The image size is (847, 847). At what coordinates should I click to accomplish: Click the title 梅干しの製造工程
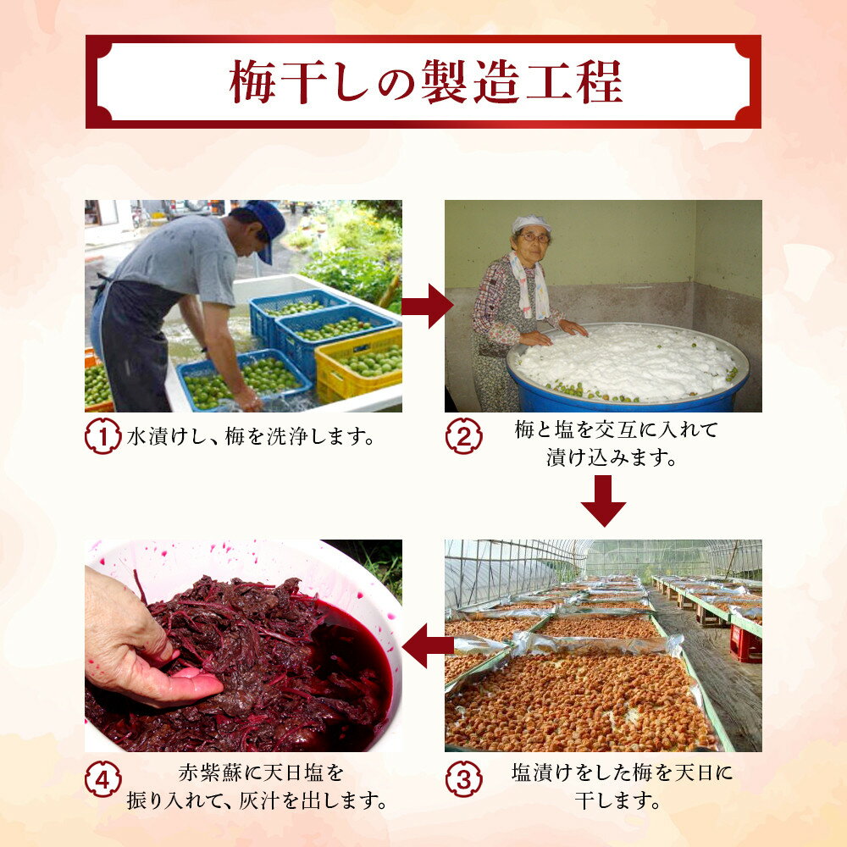coord(426,81)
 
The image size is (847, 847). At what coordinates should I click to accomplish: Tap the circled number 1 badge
coord(102,435)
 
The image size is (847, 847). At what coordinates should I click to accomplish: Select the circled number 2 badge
coord(464,436)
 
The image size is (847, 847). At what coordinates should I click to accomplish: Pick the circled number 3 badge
coord(464,778)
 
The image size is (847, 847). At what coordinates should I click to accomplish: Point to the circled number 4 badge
coord(102,778)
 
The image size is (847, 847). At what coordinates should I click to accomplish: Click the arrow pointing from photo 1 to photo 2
coord(427,307)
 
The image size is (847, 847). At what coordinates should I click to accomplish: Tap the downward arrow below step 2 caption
coord(603,501)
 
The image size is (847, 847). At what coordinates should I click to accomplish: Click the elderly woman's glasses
coord(534,237)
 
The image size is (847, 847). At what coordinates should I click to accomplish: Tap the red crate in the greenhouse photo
coord(745,643)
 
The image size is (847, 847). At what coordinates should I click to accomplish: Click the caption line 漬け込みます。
coord(612,458)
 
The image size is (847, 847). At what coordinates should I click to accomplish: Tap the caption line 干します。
coord(617,800)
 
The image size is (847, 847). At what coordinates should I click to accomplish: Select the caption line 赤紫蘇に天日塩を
coord(261,772)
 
